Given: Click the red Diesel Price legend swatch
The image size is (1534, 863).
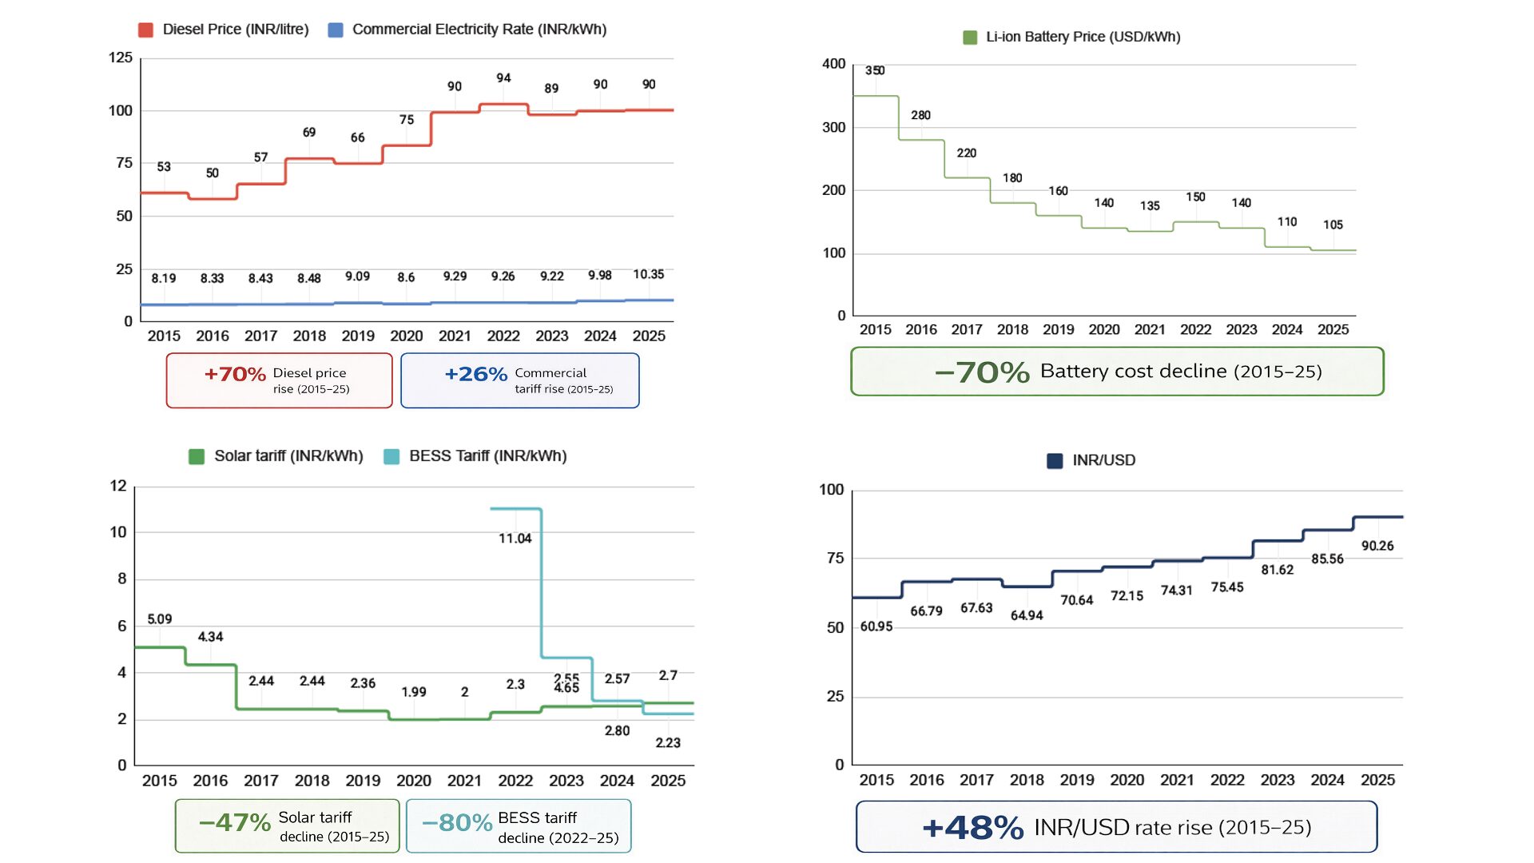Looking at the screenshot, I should (145, 30).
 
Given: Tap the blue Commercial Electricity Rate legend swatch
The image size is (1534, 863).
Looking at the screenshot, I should (336, 30).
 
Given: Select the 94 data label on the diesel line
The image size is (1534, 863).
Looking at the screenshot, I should (503, 78).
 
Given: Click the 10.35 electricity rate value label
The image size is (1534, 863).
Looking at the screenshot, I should (649, 275).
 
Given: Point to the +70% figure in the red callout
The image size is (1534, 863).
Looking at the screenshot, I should (235, 374).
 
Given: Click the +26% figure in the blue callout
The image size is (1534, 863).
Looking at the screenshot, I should (476, 374).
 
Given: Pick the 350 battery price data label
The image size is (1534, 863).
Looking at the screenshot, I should (875, 71).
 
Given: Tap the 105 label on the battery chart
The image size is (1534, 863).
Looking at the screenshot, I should (1333, 225).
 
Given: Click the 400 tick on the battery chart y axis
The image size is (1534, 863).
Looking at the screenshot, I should (834, 64).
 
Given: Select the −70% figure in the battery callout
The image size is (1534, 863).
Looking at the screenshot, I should (983, 372).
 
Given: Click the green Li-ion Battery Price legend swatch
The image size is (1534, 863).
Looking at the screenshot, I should (970, 38).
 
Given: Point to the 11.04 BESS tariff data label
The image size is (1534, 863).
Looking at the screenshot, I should (515, 539).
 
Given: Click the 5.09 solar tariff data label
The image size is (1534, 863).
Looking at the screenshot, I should (160, 619).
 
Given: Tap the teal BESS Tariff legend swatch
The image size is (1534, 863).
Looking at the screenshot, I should (391, 457).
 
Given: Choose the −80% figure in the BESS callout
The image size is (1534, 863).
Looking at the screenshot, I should (457, 823).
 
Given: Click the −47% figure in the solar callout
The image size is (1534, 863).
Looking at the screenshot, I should (235, 822).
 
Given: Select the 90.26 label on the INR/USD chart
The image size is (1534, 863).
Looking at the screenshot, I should (1377, 547).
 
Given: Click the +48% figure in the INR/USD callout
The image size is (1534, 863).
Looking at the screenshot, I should (973, 828).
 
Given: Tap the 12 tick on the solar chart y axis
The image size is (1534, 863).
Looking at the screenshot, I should (118, 487).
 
